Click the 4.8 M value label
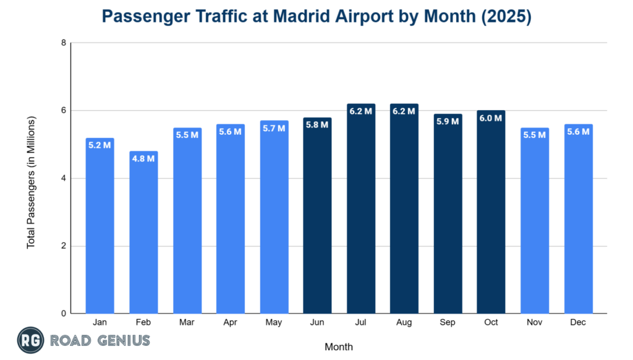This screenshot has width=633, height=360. (143, 158)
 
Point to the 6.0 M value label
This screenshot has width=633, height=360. (491, 118)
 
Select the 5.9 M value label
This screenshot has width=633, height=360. (448, 121)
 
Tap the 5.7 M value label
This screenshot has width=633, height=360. (274, 128)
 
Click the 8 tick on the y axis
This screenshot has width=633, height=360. (63, 43)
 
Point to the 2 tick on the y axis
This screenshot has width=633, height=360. (63, 246)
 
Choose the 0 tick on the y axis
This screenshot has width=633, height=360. (63, 314)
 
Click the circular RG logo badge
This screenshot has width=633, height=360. (28, 341)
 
